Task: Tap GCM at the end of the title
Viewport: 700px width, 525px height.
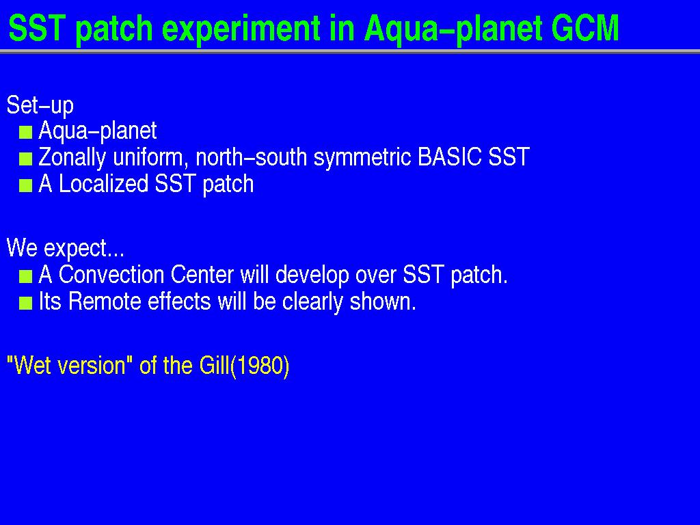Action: point(585,28)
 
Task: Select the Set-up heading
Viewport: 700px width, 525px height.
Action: point(40,105)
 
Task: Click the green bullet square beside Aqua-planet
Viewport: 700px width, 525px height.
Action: point(26,132)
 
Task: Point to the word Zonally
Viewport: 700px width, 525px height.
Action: point(72,158)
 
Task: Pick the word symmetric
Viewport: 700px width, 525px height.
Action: point(362,158)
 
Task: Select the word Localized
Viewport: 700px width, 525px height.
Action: point(104,183)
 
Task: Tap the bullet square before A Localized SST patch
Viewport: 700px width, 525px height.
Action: point(26,185)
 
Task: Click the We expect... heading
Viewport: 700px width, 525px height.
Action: point(66,247)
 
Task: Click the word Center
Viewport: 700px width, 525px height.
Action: point(202,275)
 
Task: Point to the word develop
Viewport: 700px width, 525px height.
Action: point(312,275)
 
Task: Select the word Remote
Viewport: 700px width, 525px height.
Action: point(105,301)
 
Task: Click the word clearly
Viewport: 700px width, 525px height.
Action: point(312,302)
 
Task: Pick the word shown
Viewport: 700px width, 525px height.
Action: point(383,301)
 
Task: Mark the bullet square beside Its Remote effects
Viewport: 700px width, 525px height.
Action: point(26,304)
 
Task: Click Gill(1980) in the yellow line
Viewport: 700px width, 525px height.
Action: point(244,366)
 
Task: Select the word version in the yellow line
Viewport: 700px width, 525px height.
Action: point(92,366)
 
